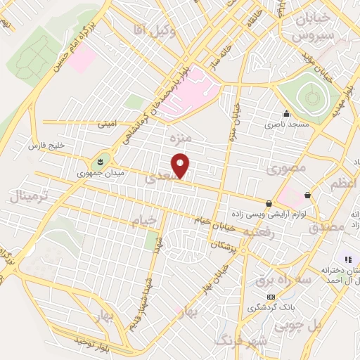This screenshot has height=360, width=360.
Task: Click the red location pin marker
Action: coord(182,165)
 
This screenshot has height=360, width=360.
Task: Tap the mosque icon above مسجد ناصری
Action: coord(285,114)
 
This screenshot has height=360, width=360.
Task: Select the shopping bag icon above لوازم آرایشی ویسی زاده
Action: coord(269,203)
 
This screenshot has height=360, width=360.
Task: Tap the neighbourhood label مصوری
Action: coord(284,169)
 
